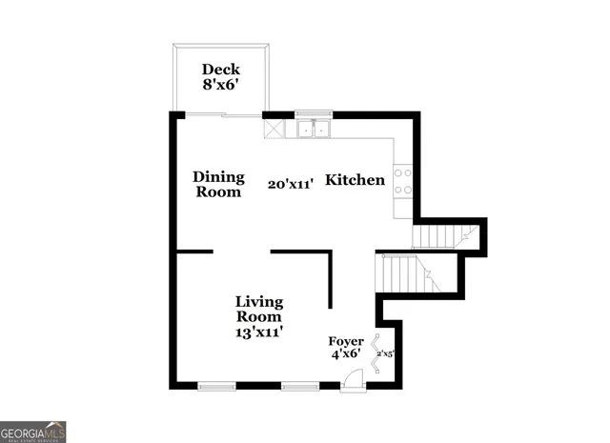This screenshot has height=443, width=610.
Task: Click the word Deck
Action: (x=221, y=69)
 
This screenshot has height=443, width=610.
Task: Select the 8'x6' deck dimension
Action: (x=221, y=84)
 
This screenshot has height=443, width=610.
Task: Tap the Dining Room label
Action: (x=219, y=184)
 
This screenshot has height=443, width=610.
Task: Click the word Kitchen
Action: (x=356, y=180)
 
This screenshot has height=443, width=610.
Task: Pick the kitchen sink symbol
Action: (x=312, y=128)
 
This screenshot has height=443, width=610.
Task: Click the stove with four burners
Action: (x=403, y=181)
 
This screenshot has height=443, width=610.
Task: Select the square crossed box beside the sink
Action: (x=274, y=128)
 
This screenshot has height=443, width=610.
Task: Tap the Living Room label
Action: (x=259, y=310)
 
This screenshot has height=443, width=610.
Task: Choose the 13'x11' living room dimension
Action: (x=259, y=332)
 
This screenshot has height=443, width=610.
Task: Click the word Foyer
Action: (x=346, y=341)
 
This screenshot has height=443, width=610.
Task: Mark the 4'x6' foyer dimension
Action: (x=346, y=354)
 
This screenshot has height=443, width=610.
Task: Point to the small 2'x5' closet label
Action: (x=385, y=353)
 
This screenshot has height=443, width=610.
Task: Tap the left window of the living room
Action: (x=216, y=386)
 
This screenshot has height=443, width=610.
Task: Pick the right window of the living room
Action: (x=299, y=386)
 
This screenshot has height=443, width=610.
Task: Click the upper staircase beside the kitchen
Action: (x=444, y=235)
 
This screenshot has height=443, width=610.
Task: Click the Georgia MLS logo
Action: (x=33, y=432)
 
